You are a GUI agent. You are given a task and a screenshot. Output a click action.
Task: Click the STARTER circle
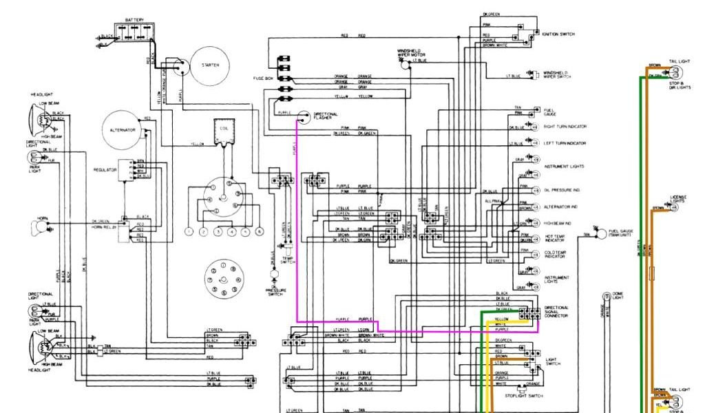pyautogui.click(x=210, y=65)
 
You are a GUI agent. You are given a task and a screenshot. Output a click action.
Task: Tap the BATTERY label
pyautogui.click(x=134, y=20)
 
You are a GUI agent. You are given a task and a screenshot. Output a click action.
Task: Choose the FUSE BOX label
pyautogui.click(x=265, y=78)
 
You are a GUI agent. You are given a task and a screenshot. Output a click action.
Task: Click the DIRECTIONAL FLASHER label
pyautogui.click(x=326, y=116)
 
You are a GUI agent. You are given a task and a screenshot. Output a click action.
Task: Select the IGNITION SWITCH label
pyautogui.click(x=558, y=34)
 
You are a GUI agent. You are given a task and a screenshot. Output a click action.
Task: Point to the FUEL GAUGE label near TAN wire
pyautogui.click(x=549, y=112)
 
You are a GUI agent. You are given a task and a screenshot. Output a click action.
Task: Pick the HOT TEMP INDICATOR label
pyautogui.click(x=555, y=237)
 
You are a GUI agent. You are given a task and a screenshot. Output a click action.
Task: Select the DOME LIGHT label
pyautogui.click(x=618, y=296)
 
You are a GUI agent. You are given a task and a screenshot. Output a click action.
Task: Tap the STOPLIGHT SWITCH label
pyautogui.click(x=525, y=396)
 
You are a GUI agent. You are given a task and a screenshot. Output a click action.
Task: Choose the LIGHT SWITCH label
pyautogui.click(x=553, y=361)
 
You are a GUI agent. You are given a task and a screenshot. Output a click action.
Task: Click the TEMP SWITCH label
pyautogui.click(x=287, y=260)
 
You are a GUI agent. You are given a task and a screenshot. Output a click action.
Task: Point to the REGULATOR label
pyautogui.click(x=103, y=169)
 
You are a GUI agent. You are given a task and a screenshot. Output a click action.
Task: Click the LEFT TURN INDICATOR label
pyautogui.click(x=565, y=143)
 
